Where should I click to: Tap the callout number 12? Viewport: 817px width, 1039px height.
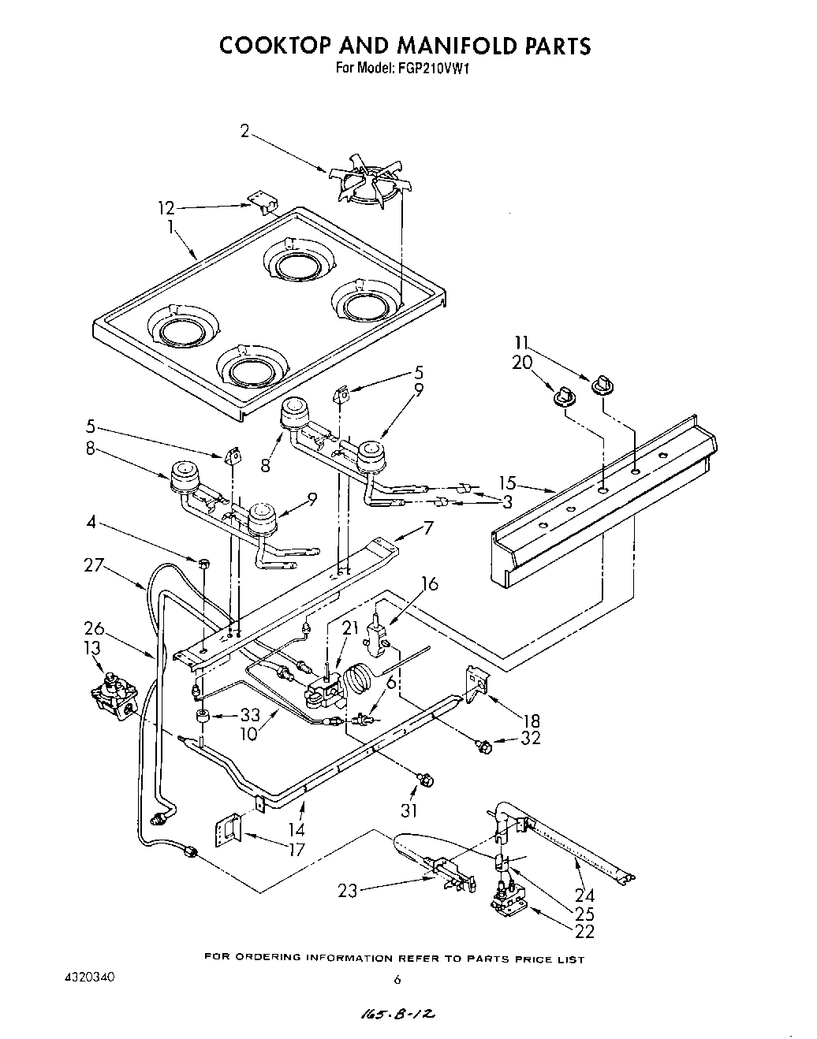(165, 209)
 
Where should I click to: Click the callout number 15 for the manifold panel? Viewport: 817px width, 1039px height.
(507, 482)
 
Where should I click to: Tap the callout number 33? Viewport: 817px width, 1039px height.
(250, 716)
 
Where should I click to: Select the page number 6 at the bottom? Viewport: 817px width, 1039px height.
(397, 981)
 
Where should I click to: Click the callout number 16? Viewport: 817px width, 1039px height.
(429, 584)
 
